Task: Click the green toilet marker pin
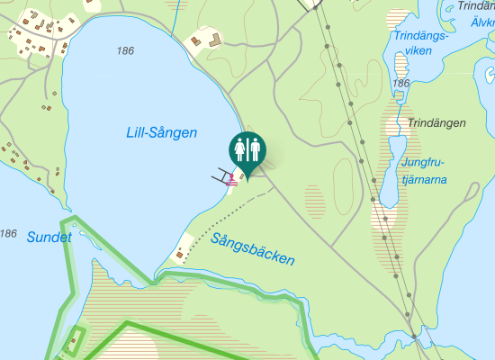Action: click(x=246, y=149)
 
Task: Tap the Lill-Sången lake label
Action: click(x=161, y=133)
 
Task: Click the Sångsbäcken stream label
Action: click(x=253, y=249)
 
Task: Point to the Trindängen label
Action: click(x=436, y=123)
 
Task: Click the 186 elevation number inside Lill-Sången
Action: click(x=125, y=51)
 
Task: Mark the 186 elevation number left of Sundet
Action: click(x=8, y=234)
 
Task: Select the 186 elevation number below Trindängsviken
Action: click(x=400, y=84)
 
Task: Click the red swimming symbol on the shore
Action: click(x=233, y=178)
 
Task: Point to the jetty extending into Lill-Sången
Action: click(x=220, y=175)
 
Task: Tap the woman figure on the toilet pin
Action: click(x=239, y=147)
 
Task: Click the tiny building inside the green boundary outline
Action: click(x=73, y=342)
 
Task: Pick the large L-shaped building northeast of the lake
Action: click(x=213, y=40)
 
